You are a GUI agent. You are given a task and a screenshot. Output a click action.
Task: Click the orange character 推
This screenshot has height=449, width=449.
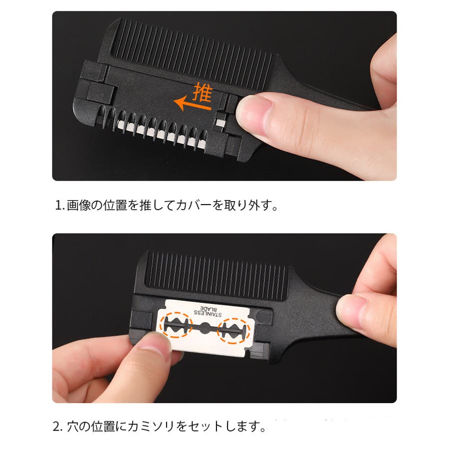203,92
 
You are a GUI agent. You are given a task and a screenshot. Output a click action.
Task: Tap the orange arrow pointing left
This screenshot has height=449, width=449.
193,105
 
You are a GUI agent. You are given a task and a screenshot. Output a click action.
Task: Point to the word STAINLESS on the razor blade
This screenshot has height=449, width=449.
208,313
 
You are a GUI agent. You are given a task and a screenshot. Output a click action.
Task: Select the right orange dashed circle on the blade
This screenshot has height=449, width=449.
234,331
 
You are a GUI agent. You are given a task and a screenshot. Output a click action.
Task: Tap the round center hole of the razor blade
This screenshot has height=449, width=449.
205,328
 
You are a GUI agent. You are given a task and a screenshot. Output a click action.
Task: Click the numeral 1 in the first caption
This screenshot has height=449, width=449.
58,205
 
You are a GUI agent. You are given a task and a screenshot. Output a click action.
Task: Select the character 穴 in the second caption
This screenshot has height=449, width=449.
73,427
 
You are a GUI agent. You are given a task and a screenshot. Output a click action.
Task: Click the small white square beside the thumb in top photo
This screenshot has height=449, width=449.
221,123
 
